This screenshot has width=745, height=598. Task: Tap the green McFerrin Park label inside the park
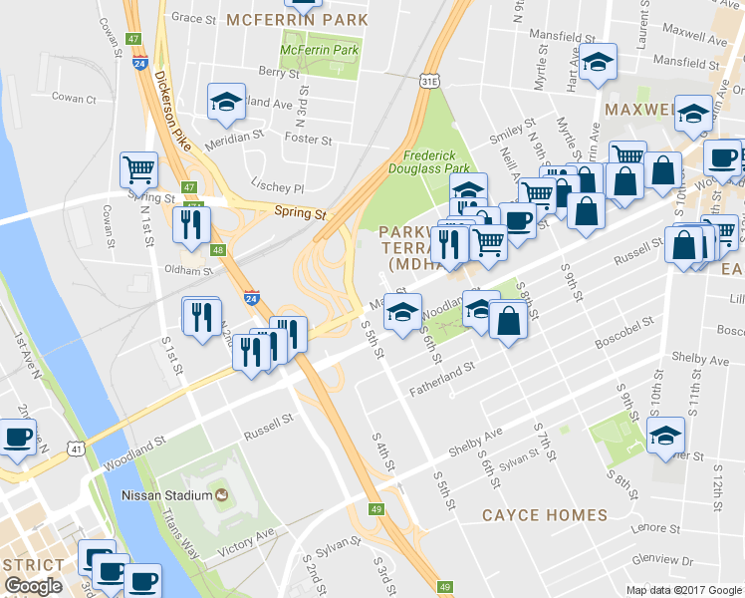(x=318, y=49)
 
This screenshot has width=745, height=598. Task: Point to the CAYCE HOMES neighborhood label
(x=544, y=515)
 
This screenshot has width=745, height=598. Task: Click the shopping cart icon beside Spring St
(x=139, y=169)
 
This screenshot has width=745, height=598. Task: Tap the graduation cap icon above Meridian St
(x=226, y=101)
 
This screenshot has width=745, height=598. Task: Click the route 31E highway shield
(x=429, y=79)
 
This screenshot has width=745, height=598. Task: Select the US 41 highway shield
(x=76, y=449)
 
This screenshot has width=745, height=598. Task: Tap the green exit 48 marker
(x=218, y=250)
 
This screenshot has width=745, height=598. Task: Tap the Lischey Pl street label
(x=278, y=187)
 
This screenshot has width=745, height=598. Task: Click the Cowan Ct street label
(x=74, y=99)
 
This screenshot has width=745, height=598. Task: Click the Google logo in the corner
(x=33, y=586)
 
